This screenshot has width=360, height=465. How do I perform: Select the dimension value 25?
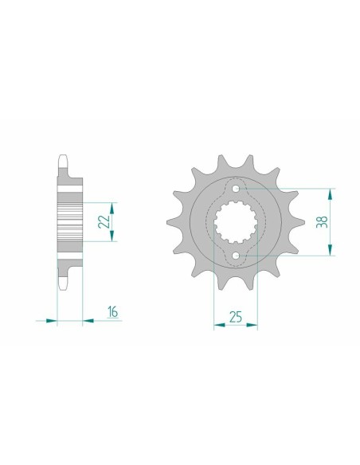(236, 316)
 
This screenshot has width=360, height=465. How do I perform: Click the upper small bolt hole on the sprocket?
(236, 189)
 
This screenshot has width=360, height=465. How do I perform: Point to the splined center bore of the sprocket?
(236, 223)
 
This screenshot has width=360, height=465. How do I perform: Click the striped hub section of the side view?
(70, 222)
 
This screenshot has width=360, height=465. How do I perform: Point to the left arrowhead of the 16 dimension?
(53, 321)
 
